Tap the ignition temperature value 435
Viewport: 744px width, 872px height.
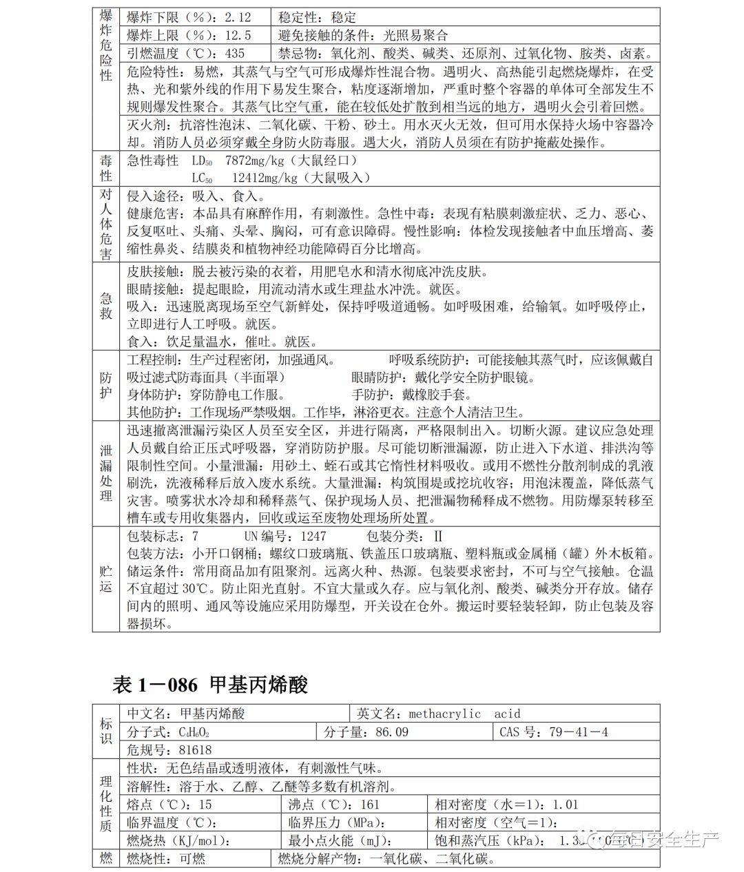point(235,53)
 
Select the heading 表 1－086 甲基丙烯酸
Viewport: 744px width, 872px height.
point(209,685)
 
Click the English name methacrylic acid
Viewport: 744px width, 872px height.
point(464,714)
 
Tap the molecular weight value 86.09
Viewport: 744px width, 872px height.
point(392,731)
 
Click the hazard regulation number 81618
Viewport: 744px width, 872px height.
point(196,749)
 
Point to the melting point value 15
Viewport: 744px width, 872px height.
point(205,804)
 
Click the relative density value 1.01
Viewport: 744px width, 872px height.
point(565,804)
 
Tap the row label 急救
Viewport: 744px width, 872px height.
point(105,307)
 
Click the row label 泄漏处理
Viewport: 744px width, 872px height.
point(105,473)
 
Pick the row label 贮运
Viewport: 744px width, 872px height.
point(105,579)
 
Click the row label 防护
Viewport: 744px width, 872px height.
point(105,386)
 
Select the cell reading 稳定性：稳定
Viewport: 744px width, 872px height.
point(318,17)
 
